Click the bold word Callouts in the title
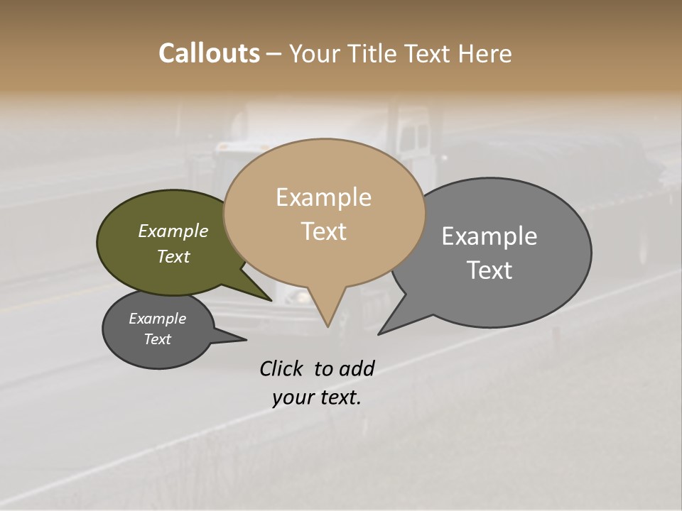point(209,53)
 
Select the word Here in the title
point(485,53)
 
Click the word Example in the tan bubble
point(323,197)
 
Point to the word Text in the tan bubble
point(323,231)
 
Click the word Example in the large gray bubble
point(489,236)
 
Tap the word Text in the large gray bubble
point(489,270)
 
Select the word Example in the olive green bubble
point(173,231)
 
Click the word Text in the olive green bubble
point(173,256)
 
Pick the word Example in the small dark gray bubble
point(157,319)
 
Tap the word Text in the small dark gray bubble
point(157,339)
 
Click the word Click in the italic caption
point(282,368)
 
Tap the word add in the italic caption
point(357,368)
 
